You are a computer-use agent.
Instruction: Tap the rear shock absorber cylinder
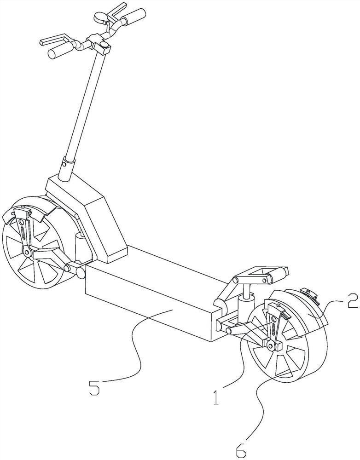coord(245,304)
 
